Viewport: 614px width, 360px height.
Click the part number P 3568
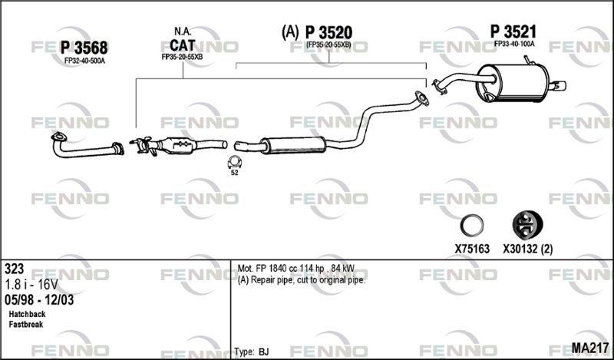(x=84, y=48)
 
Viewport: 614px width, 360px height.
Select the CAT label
(x=182, y=45)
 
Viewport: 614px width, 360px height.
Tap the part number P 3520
(x=328, y=32)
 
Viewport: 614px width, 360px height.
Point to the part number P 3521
(x=513, y=31)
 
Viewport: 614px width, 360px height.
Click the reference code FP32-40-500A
(x=84, y=61)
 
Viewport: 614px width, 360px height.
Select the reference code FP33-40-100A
(x=514, y=44)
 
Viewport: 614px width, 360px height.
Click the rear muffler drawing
(x=512, y=83)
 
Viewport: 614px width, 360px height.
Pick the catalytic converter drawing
(x=179, y=146)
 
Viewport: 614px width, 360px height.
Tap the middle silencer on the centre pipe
(x=294, y=145)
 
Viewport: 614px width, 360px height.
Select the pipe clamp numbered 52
(x=235, y=162)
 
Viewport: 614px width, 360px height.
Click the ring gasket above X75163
(x=471, y=226)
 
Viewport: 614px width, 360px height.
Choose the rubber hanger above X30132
(x=527, y=225)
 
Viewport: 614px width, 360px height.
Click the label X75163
(x=472, y=249)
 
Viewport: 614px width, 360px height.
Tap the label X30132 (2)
(x=528, y=249)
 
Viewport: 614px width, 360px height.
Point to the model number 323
(x=15, y=269)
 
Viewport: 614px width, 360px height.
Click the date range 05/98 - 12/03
(x=39, y=300)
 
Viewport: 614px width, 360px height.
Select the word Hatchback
(x=27, y=314)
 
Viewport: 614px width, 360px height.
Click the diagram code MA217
(x=590, y=348)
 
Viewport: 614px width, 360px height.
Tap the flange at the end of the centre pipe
(x=421, y=99)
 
